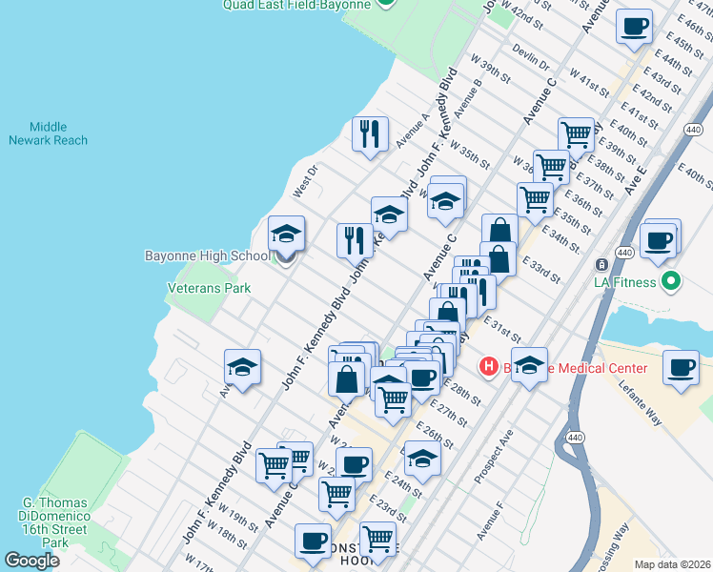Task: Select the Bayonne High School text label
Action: tap(207, 255)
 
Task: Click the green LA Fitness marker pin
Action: tap(670, 282)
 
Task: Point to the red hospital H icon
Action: tap(489, 366)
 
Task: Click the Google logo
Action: tap(31, 561)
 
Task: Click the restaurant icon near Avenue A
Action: tap(369, 133)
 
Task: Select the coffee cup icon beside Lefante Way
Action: tap(681, 367)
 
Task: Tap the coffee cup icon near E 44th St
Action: tap(634, 27)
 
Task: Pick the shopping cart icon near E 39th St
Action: tap(576, 134)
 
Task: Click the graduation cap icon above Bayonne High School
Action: tap(285, 233)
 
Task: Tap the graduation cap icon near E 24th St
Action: tap(422, 459)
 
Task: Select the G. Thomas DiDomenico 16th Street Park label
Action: tap(56, 522)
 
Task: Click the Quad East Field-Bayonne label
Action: tap(295, 5)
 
